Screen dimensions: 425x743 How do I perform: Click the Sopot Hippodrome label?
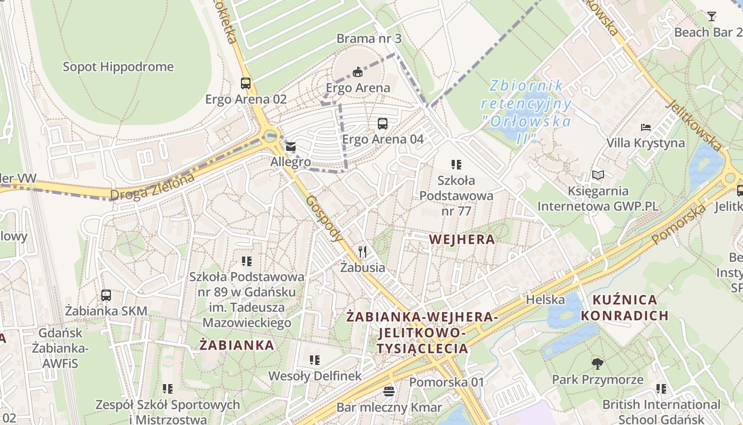tap(118, 67)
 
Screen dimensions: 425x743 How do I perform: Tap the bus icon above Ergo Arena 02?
tap(245, 83)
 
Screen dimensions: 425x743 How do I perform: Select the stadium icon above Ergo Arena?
tap(358, 72)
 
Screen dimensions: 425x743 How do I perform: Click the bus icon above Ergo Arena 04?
tap(382, 124)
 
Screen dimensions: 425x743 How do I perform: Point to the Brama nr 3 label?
tap(369, 39)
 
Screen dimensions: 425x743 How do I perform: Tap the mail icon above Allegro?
tap(291, 147)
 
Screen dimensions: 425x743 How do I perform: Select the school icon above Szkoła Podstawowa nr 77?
tap(456, 165)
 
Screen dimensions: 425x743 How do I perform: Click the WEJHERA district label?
tap(462, 240)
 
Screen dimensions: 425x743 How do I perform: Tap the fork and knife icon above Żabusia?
tap(363, 251)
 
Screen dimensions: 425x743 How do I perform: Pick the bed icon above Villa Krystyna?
tap(646, 127)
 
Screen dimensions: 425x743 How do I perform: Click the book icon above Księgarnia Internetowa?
tap(598, 175)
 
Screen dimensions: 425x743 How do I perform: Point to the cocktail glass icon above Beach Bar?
tap(711, 16)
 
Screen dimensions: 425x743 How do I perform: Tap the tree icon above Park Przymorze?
tap(598, 364)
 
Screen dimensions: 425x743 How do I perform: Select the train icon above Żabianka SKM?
tap(106, 295)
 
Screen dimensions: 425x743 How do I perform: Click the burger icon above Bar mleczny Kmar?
tap(389, 392)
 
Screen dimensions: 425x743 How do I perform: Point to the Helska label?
tap(545, 300)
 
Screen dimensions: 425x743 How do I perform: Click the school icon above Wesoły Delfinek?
tap(315, 360)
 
